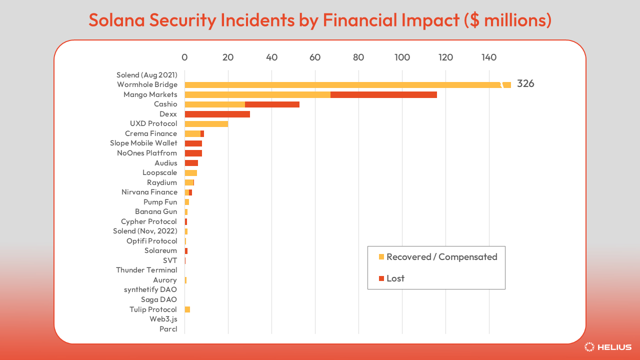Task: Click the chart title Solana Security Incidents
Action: (320, 19)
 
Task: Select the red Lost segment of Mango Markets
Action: (383, 94)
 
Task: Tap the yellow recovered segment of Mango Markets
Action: (257, 94)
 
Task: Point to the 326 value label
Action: (525, 84)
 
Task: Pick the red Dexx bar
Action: (217, 114)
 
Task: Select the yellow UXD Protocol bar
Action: (206, 124)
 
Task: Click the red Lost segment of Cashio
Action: (272, 104)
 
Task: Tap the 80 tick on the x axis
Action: (358, 57)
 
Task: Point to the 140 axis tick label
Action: (489, 57)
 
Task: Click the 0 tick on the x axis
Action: (184, 57)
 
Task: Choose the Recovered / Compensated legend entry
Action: (437, 257)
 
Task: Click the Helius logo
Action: (608, 347)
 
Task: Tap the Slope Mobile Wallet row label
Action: (143, 143)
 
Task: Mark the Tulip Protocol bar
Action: (187, 309)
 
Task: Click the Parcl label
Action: (168, 329)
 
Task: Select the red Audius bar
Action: (191, 163)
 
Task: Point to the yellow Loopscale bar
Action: (191, 173)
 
